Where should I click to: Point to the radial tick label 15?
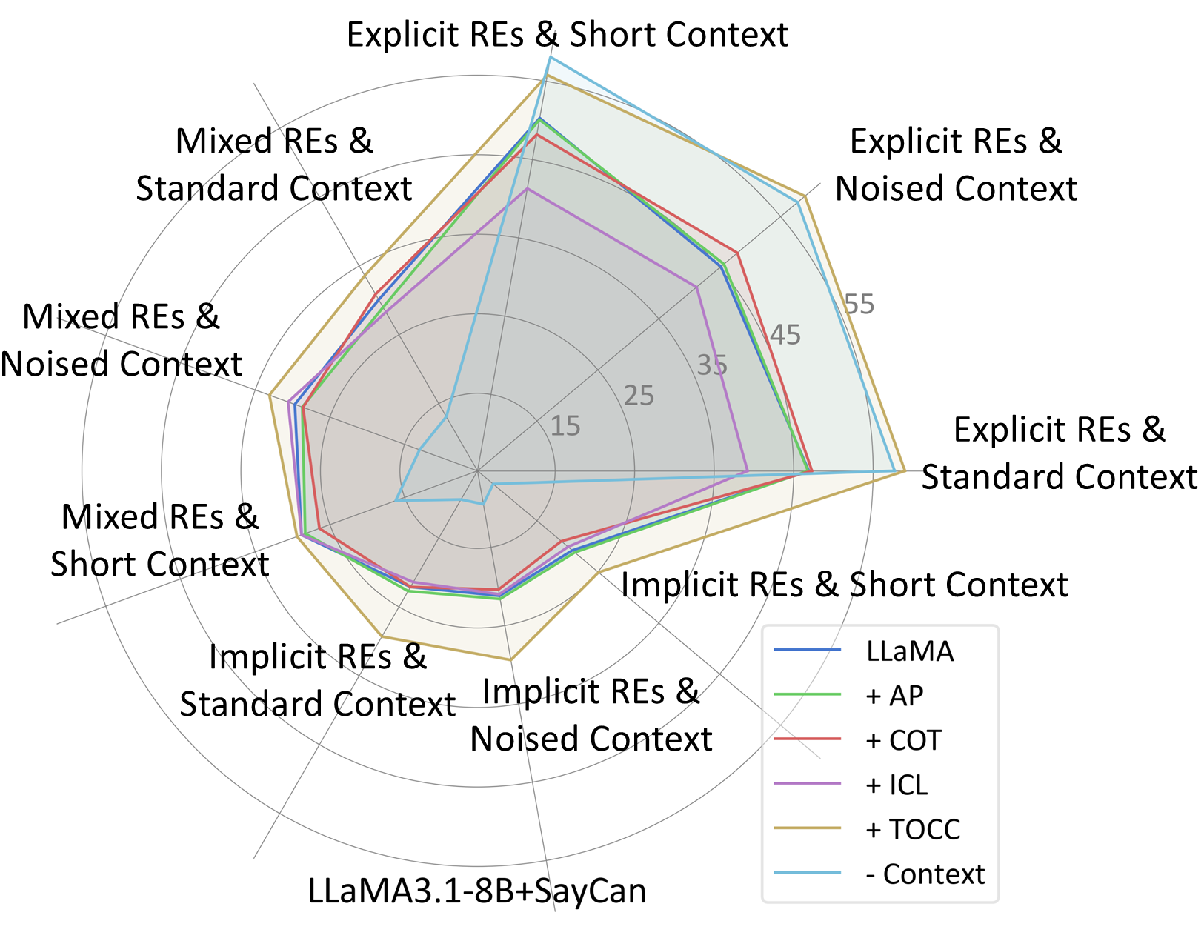(x=565, y=426)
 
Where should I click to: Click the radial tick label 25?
(x=639, y=396)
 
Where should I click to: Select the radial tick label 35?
(x=712, y=365)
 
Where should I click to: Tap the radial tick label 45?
(x=785, y=335)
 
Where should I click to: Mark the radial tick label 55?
(x=859, y=305)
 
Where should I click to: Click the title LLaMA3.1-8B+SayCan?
(x=477, y=891)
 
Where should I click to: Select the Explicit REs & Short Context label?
(x=568, y=35)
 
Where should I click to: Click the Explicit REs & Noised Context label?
(x=956, y=164)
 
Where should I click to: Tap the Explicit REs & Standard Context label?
(x=1059, y=453)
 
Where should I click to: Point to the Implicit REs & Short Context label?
(x=844, y=585)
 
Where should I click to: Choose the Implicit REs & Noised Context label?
(x=591, y=715)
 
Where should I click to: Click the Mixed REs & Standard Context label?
(x=273, y=164)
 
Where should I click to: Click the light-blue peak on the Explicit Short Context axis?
(x=550, y=57)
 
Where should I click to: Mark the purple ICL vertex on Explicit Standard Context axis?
(x=747, y=470)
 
